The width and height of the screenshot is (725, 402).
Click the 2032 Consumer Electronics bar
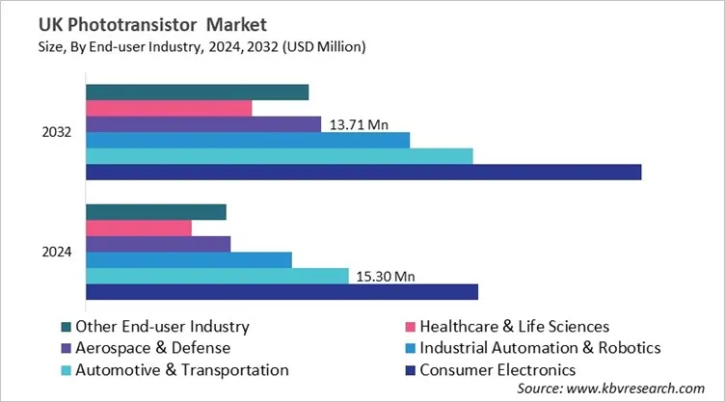click(363, 172)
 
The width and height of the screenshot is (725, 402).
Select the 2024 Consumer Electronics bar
click(282, 291)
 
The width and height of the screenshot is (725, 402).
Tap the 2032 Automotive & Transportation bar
click(280, 156)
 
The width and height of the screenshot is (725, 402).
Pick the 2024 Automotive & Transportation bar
click(217, 276)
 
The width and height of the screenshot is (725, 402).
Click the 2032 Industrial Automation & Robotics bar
click(248, 140)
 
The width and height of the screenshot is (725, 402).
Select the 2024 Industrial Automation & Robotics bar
click(189, 259)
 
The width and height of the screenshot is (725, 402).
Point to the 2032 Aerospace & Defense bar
click(203, 123)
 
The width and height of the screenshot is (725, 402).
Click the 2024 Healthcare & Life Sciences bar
click(139, 228)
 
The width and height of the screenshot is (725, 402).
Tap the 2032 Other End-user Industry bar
click(198, 92)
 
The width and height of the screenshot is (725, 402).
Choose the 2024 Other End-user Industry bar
click(156, 212)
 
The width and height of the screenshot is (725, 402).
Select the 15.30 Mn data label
click(384, 277)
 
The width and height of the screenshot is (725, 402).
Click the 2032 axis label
click(57, 132)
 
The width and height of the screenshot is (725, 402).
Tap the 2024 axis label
click(57, 252)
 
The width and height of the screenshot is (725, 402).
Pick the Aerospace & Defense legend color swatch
click(66, 348)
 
